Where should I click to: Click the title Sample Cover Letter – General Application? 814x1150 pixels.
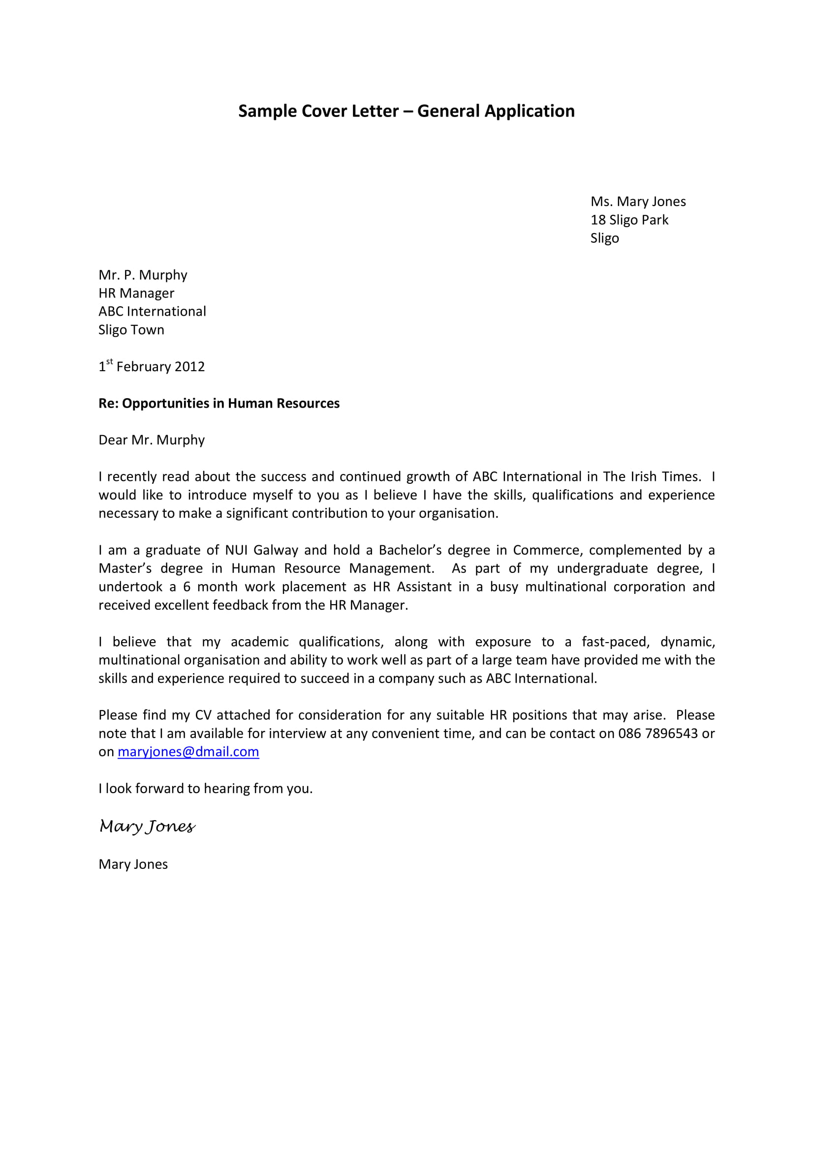[406, 111]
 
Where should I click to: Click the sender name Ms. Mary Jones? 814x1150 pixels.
[637, 202]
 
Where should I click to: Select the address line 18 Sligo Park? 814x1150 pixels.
[629, 220]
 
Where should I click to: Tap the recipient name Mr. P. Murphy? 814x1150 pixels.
[143, 275]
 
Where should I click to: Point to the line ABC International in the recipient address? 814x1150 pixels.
[152, 312]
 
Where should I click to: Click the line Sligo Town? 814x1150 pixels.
[131, 330]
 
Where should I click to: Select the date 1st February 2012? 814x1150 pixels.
[152, 367]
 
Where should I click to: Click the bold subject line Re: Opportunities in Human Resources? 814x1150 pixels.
[219, 403]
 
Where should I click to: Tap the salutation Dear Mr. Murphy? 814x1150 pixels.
[152, 440]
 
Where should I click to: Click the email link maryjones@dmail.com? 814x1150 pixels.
[188, 752]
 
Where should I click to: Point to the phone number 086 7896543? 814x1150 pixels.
[657, 733]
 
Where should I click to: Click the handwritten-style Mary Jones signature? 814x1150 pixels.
[147, 826]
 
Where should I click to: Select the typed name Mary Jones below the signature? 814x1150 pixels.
[133, 864]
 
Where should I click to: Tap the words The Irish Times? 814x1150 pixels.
[651, 476]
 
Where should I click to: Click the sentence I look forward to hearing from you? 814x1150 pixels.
[206, 788]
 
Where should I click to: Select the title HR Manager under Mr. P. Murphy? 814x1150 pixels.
[136, 293]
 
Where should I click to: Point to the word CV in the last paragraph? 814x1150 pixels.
[204, 715]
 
